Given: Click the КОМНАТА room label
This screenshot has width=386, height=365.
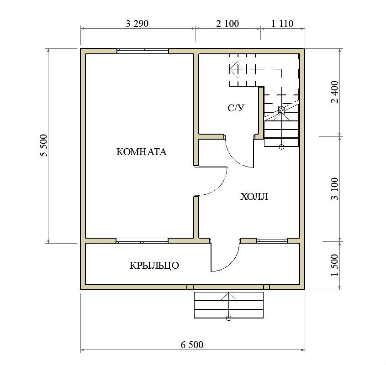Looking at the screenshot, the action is click(141, 152).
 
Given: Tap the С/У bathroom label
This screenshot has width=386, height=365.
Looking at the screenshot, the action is click(236, 108).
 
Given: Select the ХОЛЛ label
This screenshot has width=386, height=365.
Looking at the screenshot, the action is click(254, 197).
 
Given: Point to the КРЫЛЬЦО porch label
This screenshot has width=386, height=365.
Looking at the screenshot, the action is click(154, 266).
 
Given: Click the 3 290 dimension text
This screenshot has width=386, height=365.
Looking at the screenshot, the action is click(137, 24).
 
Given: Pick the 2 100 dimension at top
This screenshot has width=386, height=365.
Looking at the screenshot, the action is click(227, 24).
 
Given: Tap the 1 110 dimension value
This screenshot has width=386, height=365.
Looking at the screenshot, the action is click(282, 24).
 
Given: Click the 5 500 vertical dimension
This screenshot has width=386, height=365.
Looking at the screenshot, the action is click(43, 146).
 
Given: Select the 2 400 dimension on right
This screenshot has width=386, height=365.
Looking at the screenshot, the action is click(335, 92).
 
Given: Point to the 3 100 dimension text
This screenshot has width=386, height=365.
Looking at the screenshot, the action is click(335, 188).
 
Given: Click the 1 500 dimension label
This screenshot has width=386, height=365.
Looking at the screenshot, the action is click(335, 265).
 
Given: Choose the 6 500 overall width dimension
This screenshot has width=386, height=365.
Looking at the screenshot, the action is click(192, 345).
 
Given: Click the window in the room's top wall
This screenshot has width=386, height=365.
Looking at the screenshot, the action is click(143, 51).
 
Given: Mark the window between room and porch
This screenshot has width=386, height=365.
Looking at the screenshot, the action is click(142, 240).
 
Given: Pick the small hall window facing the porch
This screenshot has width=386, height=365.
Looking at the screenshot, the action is click(271, 240).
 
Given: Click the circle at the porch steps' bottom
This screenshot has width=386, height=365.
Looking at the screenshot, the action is click(229, 318).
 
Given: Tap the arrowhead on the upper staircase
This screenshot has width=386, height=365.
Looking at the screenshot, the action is click(234, 68).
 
